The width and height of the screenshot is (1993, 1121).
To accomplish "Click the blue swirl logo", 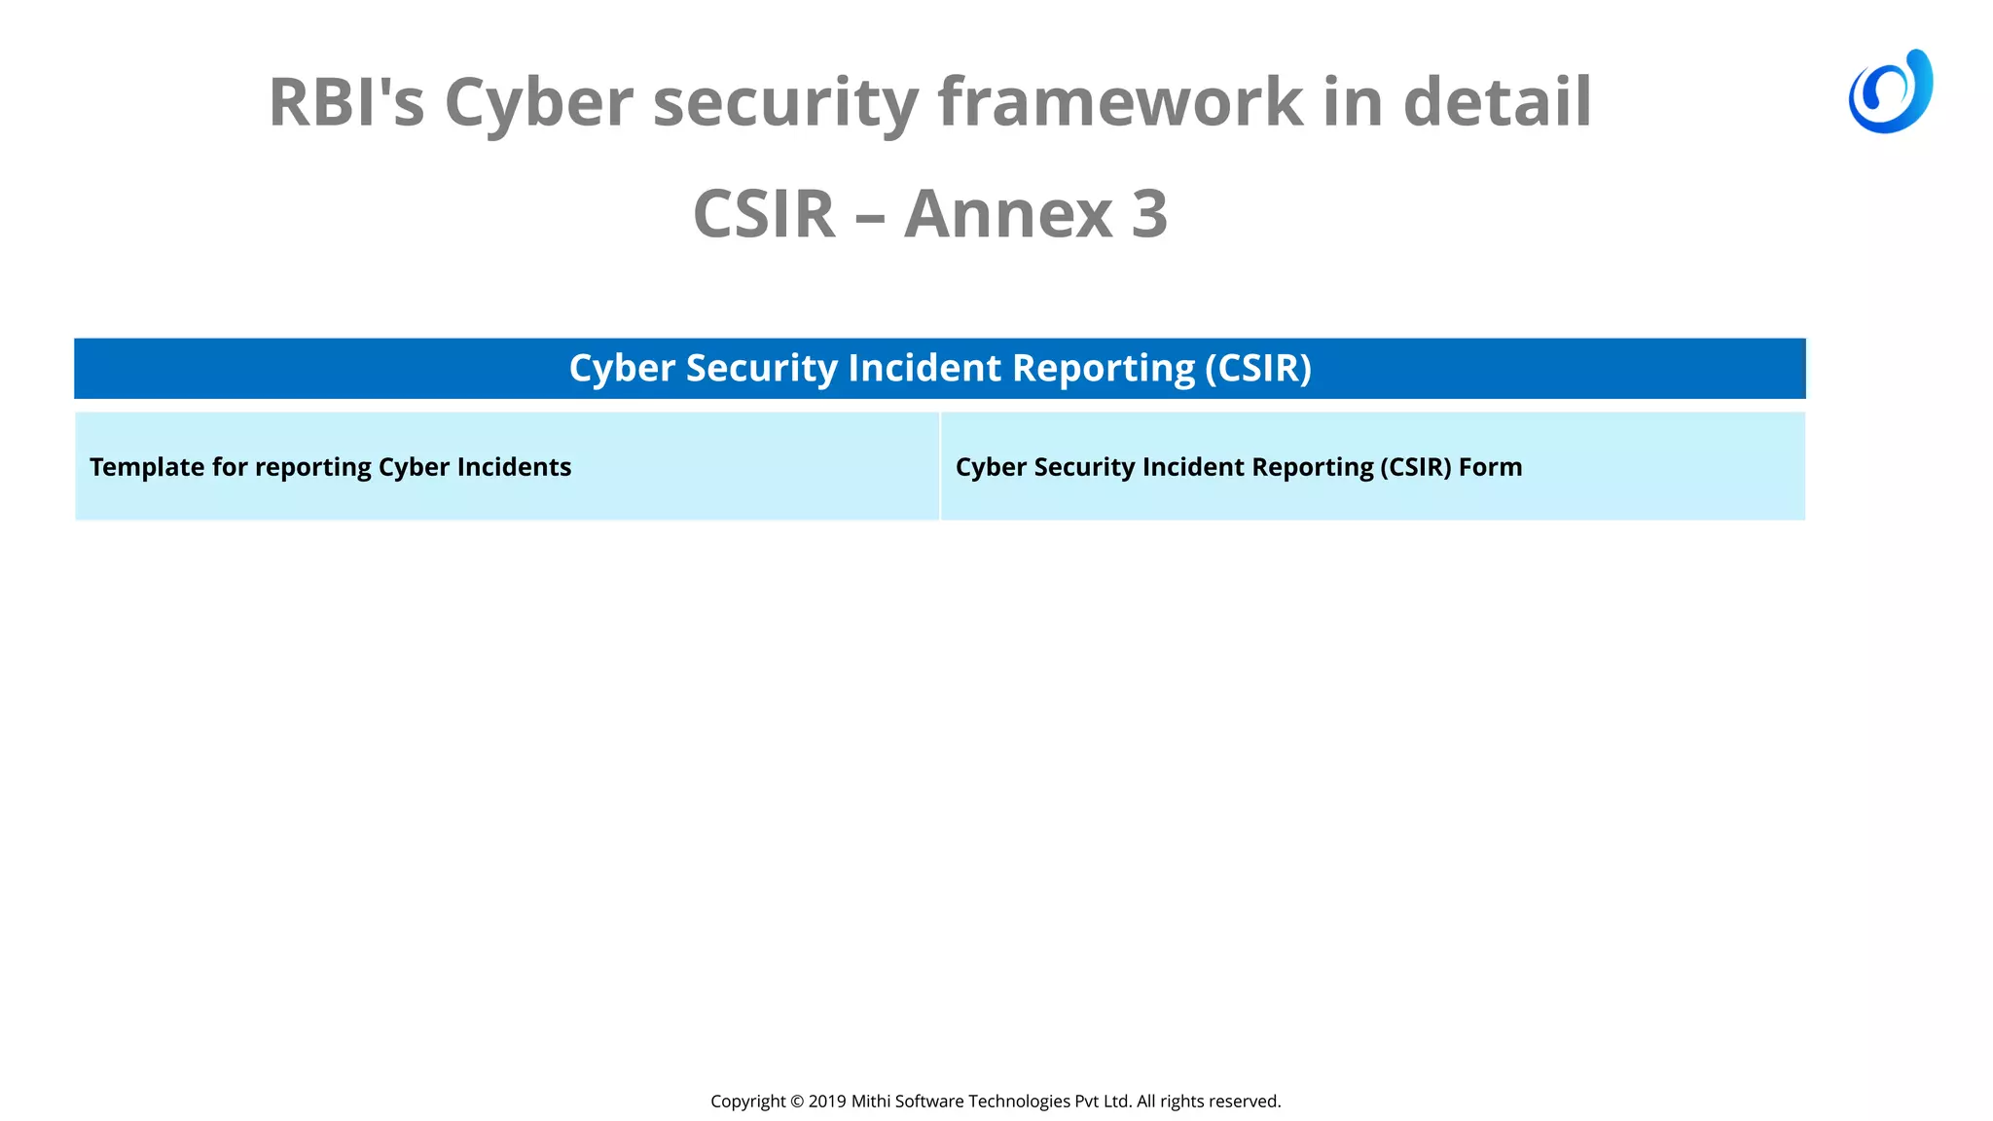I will pyautogui.click(x=1890, y=91).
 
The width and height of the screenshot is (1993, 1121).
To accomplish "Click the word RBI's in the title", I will pyautogui.click(x=346, y=102).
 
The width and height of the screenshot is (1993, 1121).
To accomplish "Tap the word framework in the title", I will pyautogui.click(x=1120, y=102).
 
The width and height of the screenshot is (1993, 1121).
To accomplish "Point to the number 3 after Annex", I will pyautogui.click(x=1149, y=214).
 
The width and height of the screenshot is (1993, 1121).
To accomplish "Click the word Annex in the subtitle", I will pyautogui.click(x=1008, y=214).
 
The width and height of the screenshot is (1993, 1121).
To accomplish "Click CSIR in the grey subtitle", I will pyautogui.click(x=764, y=214).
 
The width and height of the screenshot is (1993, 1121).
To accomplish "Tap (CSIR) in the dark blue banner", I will pyautogui.click(x=1258, y=369).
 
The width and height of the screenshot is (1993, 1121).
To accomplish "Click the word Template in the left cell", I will pyautogui.click(x=147, y=468).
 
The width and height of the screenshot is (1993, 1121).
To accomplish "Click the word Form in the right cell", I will pyautogui.click(x=1490, y=467).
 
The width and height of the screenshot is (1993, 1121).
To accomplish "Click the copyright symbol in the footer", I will pyautogui.click(x=797, y=1102).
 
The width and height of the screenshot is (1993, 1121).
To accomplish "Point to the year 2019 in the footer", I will pyautogui.click(x=827, y=1102).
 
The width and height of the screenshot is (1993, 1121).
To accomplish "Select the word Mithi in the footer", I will pyautogui.click(x=870, y=1102).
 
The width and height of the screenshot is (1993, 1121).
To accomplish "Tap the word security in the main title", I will pyautogui.click(x=784, y=102).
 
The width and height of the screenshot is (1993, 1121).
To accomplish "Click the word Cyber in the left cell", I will pyautogui.click(x=414, y=468).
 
